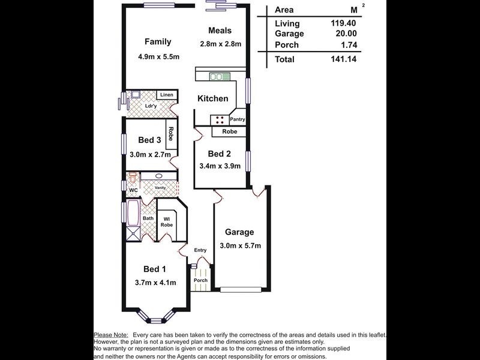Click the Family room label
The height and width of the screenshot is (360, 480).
[158, 41]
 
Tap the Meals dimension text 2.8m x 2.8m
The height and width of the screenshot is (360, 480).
[220, 44]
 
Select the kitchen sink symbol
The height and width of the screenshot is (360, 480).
[220, 77]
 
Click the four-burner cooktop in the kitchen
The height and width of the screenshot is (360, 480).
[220, 120]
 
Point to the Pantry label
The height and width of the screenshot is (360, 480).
[237, 119]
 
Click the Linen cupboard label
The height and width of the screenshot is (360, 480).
[167, 95]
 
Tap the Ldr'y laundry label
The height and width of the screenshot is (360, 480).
[151, 106]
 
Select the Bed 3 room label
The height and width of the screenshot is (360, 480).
[149, 140]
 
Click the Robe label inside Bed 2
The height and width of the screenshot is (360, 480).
[230, 131]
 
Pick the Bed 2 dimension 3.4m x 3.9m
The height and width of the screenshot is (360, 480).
[220, 166]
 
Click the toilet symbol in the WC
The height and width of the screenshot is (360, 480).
[133, 178]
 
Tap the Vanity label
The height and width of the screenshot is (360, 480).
[160, 188]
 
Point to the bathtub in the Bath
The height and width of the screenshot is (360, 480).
[133, 214]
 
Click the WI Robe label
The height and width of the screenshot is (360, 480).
[167, 222]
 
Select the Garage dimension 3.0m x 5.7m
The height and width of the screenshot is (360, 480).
[241, 245]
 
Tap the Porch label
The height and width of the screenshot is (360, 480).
[200, 280]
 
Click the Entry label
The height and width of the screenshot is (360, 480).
[200, 250]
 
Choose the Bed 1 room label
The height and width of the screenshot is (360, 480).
[155, 269]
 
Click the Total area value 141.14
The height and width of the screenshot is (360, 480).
[343, 59]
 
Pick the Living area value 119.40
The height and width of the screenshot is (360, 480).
[343, 23]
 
